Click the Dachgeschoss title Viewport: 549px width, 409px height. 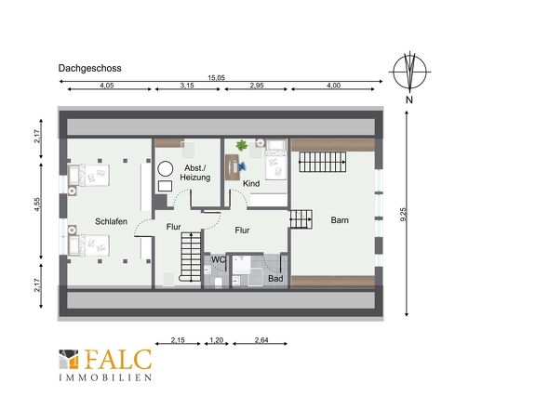(x=89, y=68)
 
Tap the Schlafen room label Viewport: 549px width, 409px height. (x=111, y=221)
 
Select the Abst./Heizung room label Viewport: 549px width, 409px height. (x=195, y=173)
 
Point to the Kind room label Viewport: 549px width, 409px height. (x=251, y=183)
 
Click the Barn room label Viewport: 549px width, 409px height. (x=340, y=220)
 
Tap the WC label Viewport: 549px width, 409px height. (x=219, y=260)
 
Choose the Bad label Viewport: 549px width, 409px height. (x=275, y=279)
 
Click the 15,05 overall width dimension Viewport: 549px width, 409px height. (x=217, y=78)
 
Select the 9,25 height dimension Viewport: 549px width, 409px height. (x=403, y=214)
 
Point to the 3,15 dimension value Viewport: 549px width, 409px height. (x=187, y=86)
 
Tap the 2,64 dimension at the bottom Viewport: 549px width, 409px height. (x=261, y=339)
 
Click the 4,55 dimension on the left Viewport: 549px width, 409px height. (x=37, y=204)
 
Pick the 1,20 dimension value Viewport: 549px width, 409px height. (x=217, y=339)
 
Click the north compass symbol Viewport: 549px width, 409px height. (x=409, y=72)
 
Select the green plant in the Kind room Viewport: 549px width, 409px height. (x=242, y=145)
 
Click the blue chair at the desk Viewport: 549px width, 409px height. (x=242, y=166)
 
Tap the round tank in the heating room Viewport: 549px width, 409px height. (x=166, y=169)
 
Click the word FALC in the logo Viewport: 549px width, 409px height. (x=118, y=360)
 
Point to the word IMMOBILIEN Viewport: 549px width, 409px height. (x=105, y=377)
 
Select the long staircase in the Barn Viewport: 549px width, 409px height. (x=323, y=162)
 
